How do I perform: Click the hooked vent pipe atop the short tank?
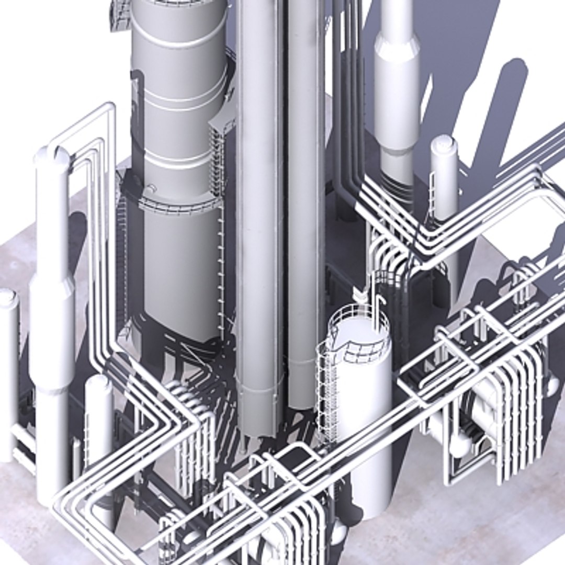click(x=381, y=303)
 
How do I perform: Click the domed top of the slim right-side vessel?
click(x=444, y=143)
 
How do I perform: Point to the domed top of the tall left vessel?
click(x=52, y=155)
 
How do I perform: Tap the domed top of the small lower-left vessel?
click(x=98, y=382)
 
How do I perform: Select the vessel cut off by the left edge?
click(x=8, y=366)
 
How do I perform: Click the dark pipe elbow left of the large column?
click(x=137, y=78)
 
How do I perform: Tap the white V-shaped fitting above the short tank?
click(x=360, y=294)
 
